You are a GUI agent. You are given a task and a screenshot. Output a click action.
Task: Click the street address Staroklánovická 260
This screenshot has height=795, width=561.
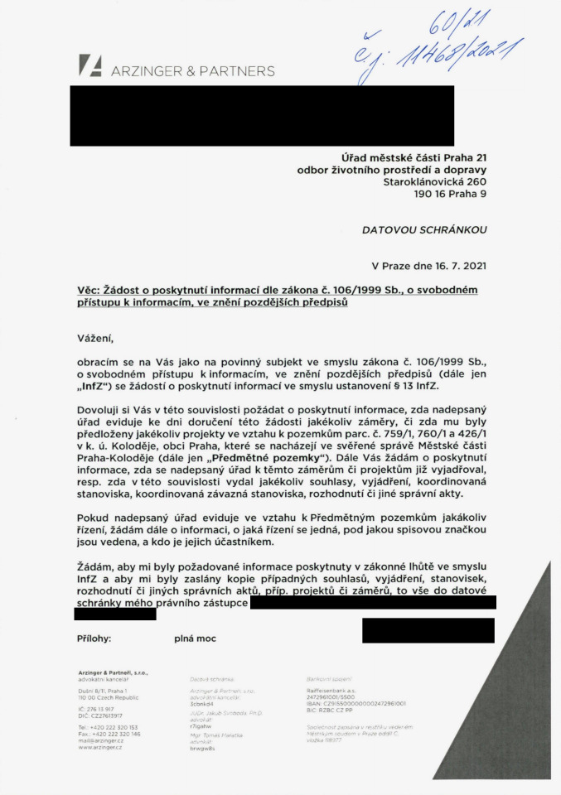pos(434,181)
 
